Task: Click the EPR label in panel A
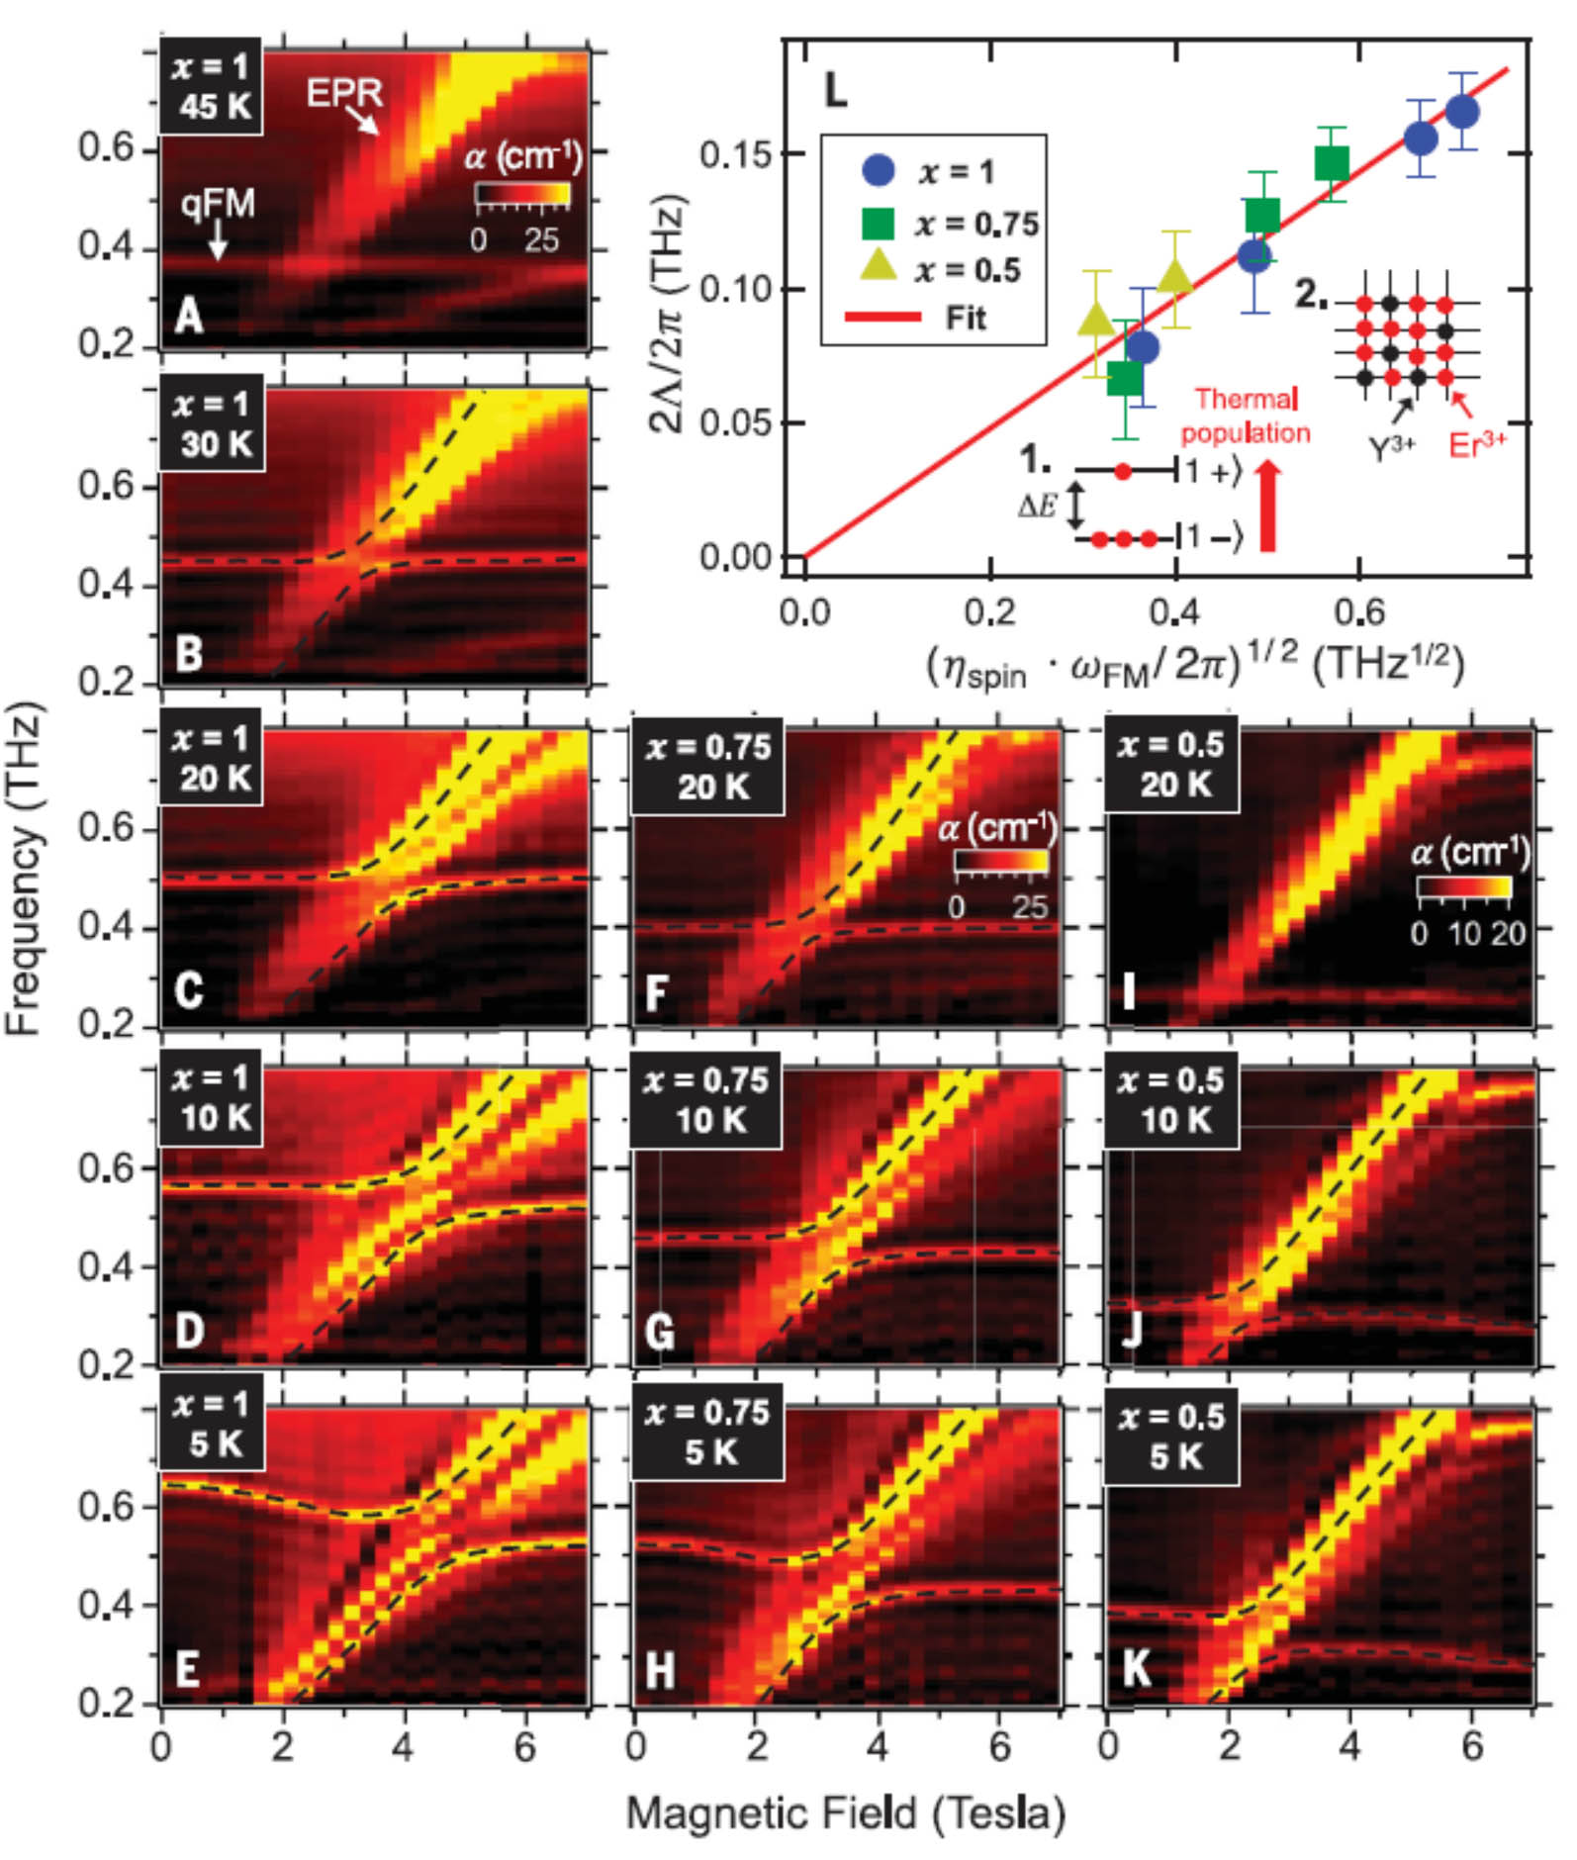click(343, 93)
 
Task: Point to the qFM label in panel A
click(218, 204)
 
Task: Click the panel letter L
click(836, 92)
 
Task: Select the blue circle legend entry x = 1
click(879, 170)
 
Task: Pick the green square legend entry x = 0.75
click(879, 224)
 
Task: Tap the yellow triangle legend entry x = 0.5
click(879, 268)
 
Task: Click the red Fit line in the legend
click(881, 318)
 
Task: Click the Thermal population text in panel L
click(1246, 417)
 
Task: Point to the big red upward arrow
click(1267, 507)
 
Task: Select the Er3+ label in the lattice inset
click(1477, 445)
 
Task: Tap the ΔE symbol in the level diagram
click(1038, 506)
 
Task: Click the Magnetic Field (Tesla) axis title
click(846, 1813)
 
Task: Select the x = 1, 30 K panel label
click(212, 422)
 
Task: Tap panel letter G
click(659, 1331)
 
